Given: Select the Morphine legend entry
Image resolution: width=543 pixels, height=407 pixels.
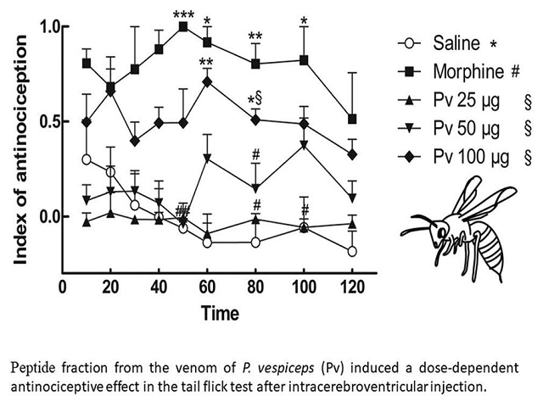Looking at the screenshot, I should [x=456, y=72].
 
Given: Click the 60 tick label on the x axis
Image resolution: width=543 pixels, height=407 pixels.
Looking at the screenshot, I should [x=208, y=287].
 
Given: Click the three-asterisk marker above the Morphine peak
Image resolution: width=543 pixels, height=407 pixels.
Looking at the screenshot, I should [x=182, y=14].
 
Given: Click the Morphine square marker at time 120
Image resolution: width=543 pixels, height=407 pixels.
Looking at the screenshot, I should [x=352, y=119].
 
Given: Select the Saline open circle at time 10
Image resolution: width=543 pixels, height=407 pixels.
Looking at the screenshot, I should [x=87, y=159].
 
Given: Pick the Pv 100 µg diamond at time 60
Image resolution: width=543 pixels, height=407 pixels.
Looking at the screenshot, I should [x=207, y=81].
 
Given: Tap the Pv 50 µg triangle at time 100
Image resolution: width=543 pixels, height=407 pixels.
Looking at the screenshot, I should [x=304, y=144].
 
